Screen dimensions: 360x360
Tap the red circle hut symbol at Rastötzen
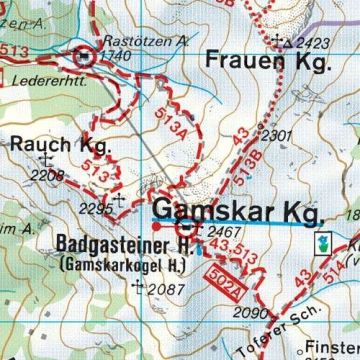pyautogui.click(x=85, y=57)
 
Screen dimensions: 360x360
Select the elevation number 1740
pyautogui.click(x=116, y=57)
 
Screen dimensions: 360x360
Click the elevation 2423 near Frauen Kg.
pyautogui.click(x=312, y=43)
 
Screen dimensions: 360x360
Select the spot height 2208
pyautogui.click(x=48, y=176)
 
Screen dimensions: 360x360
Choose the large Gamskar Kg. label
pyautogui.click(x=236, y=212)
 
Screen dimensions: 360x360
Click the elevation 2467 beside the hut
pyautogui.click(x=221, y=232)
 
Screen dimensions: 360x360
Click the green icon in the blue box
pyautogui.click(x=323, y=244)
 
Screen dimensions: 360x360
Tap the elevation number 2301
pyautogui.click(x=274, y=135)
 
